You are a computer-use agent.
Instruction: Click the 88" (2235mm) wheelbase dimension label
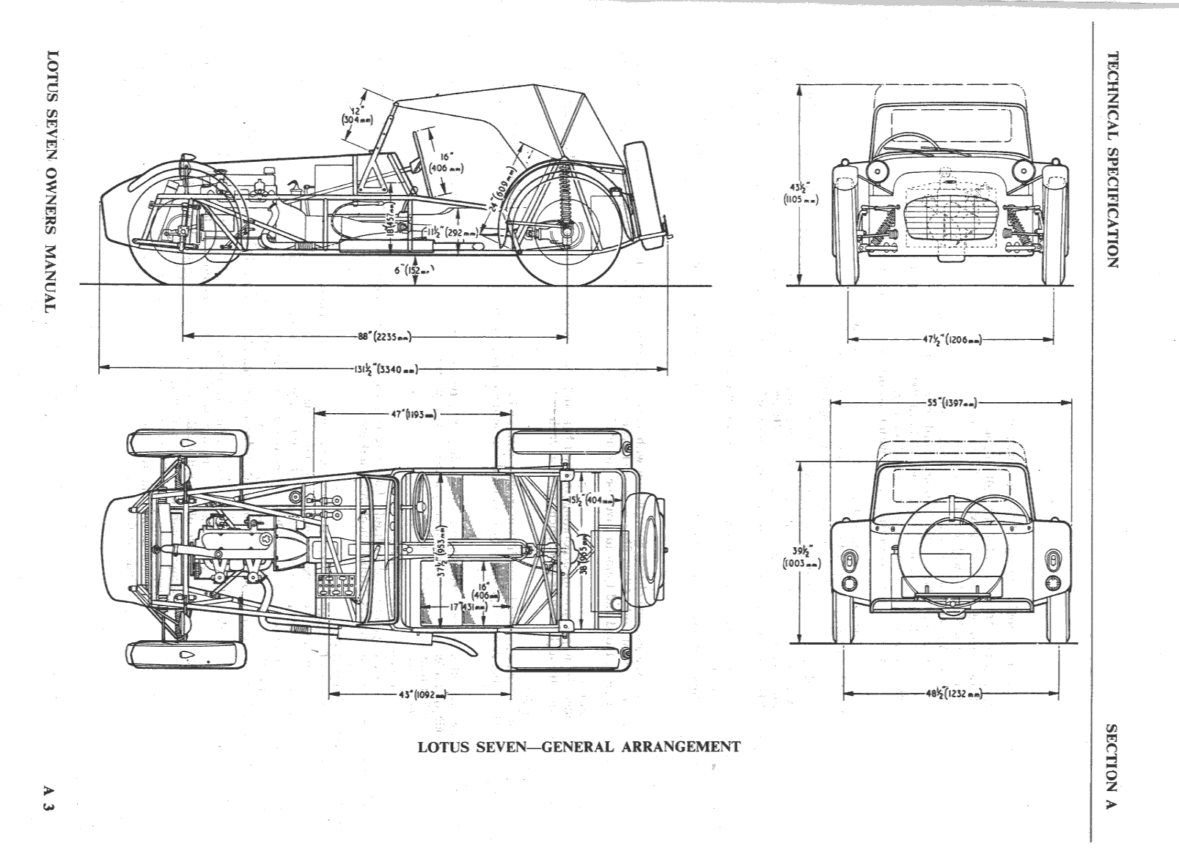(384, 337)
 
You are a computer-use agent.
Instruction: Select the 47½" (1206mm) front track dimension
(952, 340)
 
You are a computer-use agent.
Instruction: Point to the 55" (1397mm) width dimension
(952, 402)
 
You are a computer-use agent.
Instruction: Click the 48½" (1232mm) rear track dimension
(952, 694)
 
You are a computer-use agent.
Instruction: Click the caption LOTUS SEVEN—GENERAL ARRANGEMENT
(579, 747)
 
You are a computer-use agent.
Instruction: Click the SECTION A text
(1112, 766)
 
